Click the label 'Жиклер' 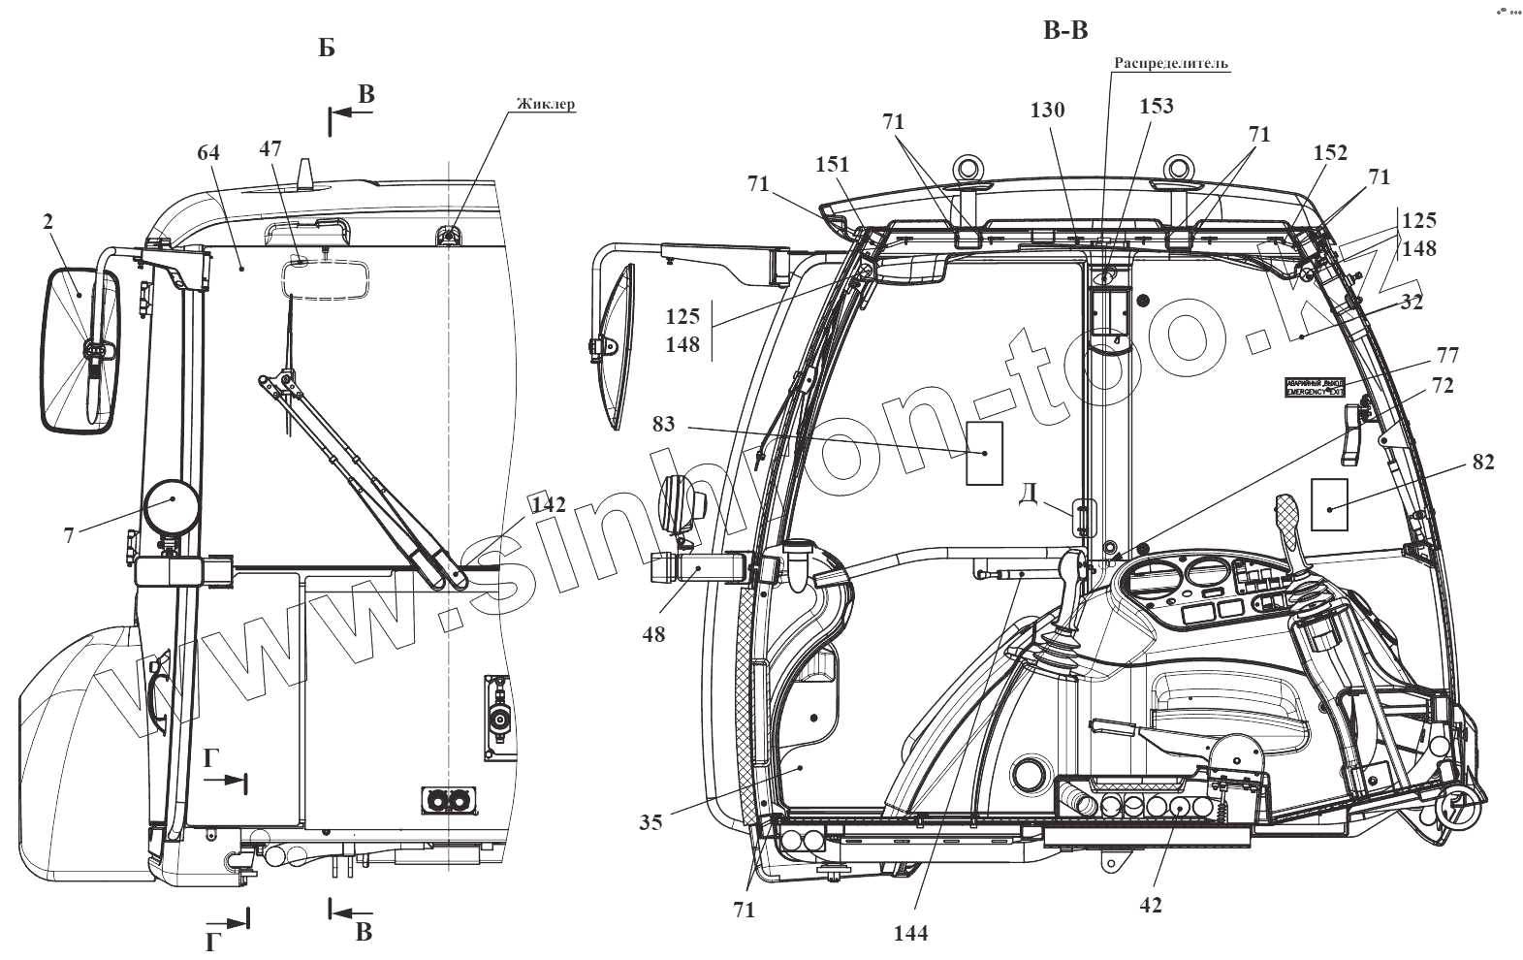coord(546,104)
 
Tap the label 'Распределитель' coord(1170,63)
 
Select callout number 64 coord(208,153)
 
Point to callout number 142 coord(548,504)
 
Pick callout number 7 coord(70,534)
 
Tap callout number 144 coord(911,933)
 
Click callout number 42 coord(1151,905)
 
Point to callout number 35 coord(650,822)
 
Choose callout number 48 coord(653,635)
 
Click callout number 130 coord(1047,110)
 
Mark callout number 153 coord(1158,106)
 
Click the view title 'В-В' coord(1065,31)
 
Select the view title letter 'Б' coord(327,48)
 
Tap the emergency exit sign coord(1315,388)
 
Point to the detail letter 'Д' coord(1030,493)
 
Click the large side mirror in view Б coord(79,349)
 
